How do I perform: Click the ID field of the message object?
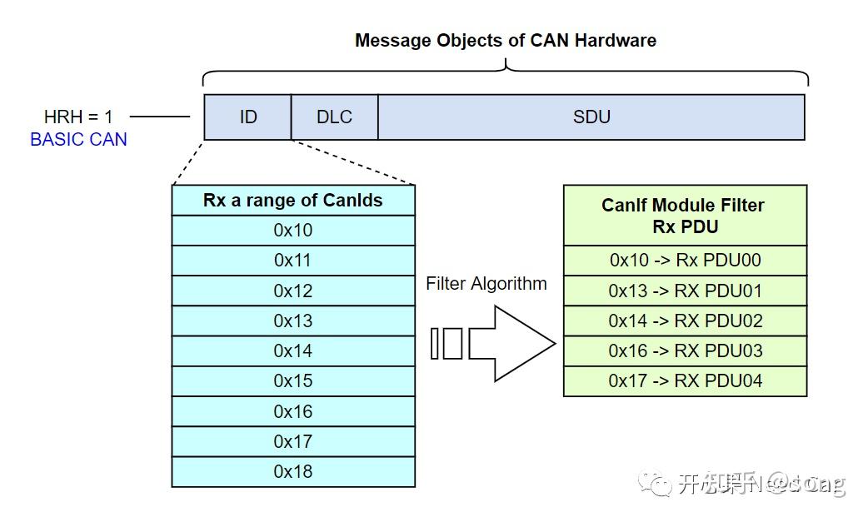(247, 117)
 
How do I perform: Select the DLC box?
(334, 117)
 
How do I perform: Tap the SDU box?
(591, 117)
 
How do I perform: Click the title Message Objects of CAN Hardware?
(505, 40)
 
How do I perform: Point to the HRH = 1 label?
(78, 117)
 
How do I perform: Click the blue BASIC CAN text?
(78, 139)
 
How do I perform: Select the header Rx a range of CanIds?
(293, 200)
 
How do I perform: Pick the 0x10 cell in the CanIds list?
(293, 230)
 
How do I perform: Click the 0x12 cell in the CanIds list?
(293, 291)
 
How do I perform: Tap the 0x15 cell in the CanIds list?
(293, 380)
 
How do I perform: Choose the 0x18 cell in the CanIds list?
(293, 471)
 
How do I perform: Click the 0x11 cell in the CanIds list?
(293, 260)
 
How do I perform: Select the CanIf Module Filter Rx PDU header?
(685, 215)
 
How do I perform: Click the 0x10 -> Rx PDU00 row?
(685, 260)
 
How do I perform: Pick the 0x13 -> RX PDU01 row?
(685, 291)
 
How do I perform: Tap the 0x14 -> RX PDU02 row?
(685, 321)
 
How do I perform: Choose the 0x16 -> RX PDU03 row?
(685, 350)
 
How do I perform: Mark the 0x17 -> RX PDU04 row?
(685, 380)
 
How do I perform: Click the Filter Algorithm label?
(486, 283)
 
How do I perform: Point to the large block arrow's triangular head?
(525, 343)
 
